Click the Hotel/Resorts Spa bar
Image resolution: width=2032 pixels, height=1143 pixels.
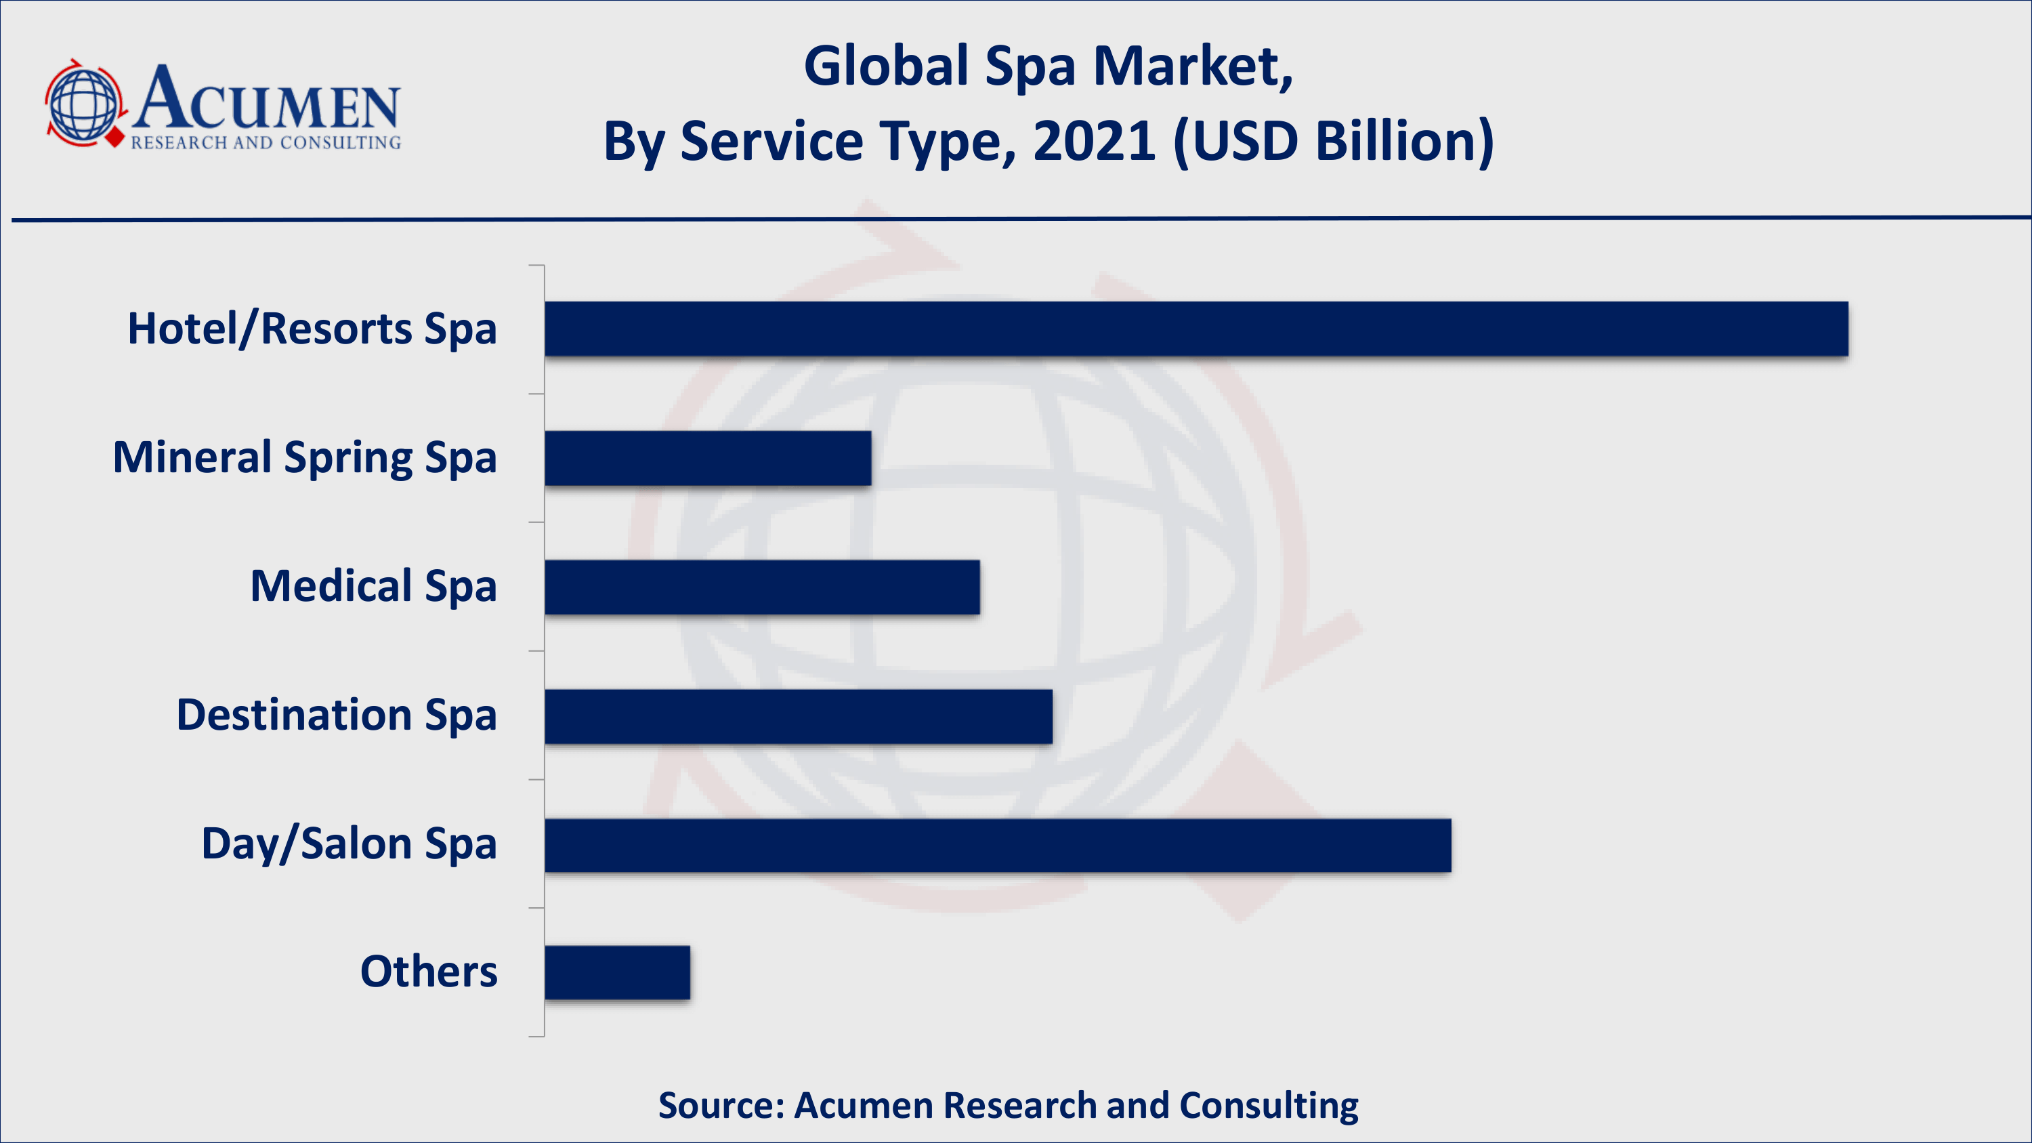point(1196,329)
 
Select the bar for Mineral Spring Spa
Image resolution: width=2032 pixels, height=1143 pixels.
point(708,458)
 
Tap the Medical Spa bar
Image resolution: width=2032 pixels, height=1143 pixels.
point(762,587)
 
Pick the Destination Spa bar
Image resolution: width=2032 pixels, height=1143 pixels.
point(799,716)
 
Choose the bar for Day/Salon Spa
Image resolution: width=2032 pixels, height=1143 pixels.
point(998,846)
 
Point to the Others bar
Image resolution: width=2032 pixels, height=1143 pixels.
point(617,973)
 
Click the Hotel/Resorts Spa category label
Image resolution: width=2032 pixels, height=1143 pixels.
point(312,329)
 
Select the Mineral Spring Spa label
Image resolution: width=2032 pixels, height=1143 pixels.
point(305,458)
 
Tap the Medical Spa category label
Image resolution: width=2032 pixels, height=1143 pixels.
point(373,587)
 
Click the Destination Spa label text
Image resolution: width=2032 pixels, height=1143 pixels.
point(336,715)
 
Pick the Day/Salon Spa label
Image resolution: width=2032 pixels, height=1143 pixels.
point(349,844)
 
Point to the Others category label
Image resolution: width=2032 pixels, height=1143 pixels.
point(428,972)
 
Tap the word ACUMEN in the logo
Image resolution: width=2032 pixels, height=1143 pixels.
point(267,100)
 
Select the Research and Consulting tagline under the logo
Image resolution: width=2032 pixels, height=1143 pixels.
point(266,143)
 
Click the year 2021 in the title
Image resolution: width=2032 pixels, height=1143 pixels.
point(1094,142)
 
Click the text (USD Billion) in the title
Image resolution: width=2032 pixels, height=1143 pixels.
point(1334,142)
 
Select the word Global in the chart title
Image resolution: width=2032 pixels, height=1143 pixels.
point(886,66)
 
